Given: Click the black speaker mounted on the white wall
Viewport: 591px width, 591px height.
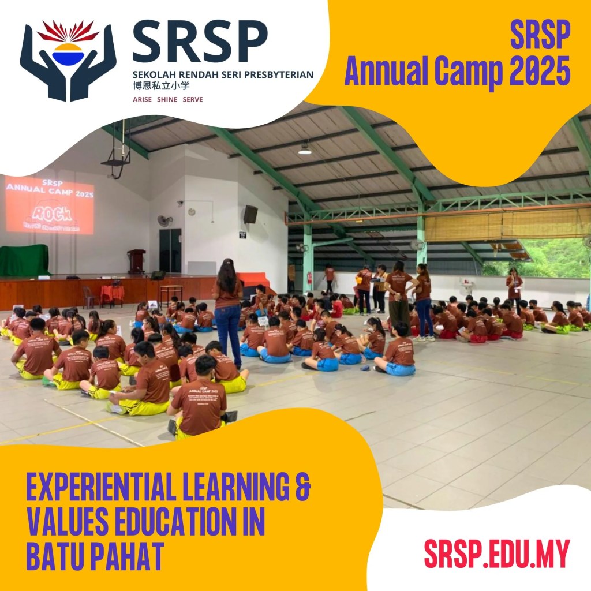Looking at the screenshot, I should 250,215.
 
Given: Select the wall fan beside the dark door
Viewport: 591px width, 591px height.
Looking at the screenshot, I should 165,220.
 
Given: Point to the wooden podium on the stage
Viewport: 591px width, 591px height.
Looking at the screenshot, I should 136,261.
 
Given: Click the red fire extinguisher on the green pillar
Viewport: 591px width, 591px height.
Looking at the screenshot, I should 309,278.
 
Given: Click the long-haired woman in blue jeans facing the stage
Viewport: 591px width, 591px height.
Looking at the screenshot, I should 227,306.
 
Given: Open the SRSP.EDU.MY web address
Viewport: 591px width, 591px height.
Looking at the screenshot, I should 496,553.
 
